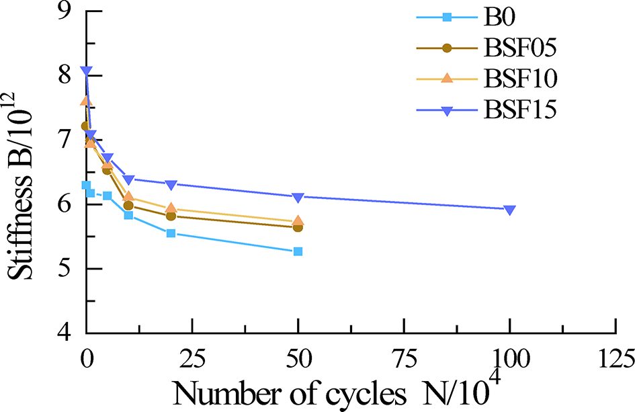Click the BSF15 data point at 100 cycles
click(x=509, y=210)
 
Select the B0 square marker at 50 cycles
click(x=298, y=251)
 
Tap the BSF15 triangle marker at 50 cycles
click(x=298, y=197)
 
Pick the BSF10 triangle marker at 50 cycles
click(x=298, y=220)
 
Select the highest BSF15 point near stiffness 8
click(x=86, y=71)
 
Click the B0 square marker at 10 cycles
click(x=128, y=215)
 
